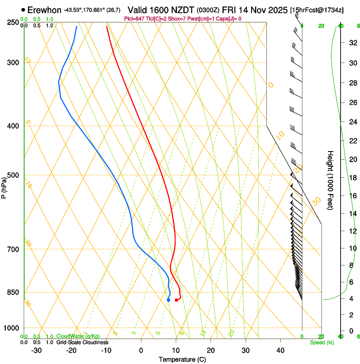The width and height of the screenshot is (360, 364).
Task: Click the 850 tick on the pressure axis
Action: point(13,292)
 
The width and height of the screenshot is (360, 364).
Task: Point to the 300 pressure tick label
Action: point(13,63)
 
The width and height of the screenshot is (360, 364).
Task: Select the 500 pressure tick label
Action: point(13,175)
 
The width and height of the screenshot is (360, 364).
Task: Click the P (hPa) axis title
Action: point(4,187)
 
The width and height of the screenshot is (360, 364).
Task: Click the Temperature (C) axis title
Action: point(182,360)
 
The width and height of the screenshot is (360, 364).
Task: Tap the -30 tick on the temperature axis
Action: point(36,350)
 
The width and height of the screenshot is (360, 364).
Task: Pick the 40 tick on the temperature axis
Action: point(280,350)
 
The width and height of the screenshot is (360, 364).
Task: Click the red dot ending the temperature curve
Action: point(177,300)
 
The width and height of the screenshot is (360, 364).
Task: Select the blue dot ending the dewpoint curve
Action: point(169,300)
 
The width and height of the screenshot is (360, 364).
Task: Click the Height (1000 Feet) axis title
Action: point(330,180)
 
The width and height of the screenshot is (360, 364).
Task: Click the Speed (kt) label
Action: point(321,342)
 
